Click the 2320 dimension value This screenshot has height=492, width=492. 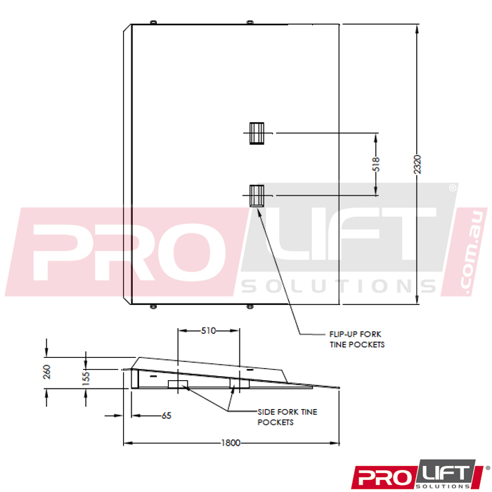point(417,164)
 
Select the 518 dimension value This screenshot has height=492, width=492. point(376,164)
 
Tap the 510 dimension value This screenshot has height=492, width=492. point(208,331)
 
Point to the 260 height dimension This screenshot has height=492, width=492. point(47,372)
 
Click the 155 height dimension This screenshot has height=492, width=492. point(86,378)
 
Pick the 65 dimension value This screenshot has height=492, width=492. point(167,416)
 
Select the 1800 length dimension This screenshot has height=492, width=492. point(231,443)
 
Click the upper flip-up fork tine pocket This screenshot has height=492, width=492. point(257,134)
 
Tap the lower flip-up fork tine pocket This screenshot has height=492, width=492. point(257,196)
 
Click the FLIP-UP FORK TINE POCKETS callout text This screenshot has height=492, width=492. point(357,339)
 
